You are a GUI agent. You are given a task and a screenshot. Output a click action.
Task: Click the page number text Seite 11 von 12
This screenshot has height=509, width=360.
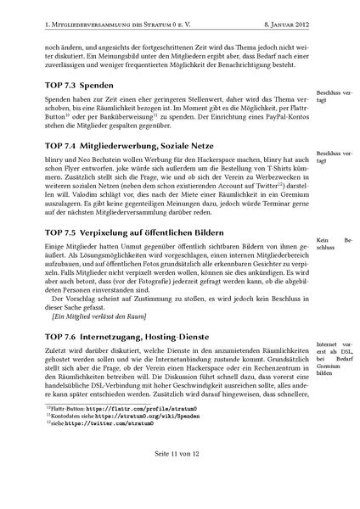pyautogui.click(x=180, y=478)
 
